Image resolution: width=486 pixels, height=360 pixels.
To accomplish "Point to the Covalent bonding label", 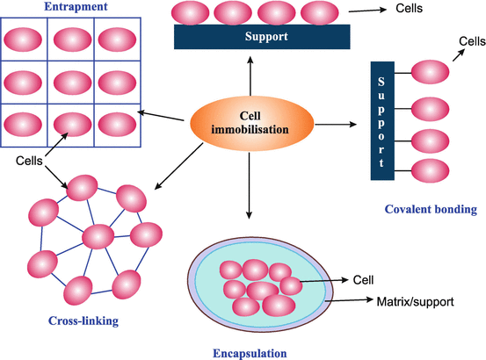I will (431, 209).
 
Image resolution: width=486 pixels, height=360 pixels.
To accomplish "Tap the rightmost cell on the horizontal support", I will (317, 12).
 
